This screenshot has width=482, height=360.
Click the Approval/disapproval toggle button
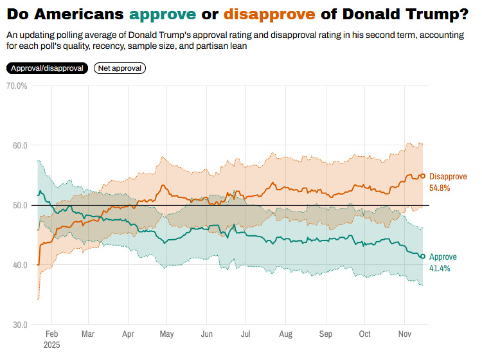[47, 67]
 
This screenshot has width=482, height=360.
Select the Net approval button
[120, 67]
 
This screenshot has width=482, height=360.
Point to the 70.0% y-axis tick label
[16, 85]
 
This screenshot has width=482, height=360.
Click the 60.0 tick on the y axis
[18, 145]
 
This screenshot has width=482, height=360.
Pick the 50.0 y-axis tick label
[18, 205]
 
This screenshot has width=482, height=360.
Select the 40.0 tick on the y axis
[18, 265]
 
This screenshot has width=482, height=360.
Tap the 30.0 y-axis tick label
[18, 325]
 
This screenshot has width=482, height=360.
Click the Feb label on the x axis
[53, 334]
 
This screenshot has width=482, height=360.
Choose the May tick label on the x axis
[166, 334]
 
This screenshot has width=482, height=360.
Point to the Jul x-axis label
[245, 334]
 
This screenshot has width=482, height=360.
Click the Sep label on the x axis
[326, 334]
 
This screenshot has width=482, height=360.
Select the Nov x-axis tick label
[404, 334]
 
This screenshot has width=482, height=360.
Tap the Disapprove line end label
[449, 176]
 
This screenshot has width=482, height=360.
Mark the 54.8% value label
[440, 188]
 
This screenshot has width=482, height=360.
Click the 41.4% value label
[440, 267]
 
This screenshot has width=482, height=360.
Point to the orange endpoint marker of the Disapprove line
[422, 175]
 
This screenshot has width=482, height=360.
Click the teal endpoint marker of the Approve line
[422, 256]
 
